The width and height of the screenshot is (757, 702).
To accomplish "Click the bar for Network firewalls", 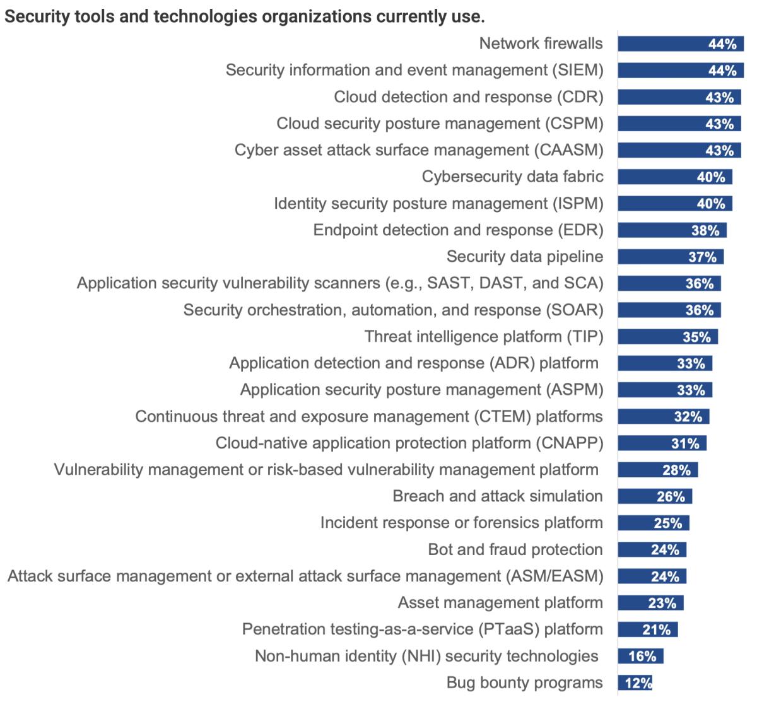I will pos(681,44).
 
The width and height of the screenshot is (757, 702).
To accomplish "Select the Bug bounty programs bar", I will pos(635,682).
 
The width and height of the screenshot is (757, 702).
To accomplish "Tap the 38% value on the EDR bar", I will pos(705,230).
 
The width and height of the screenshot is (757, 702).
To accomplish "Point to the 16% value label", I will pos(643,656).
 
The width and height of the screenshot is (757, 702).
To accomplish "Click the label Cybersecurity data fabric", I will pos(512,177).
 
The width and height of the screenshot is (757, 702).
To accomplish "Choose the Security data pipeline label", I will pos(525,257).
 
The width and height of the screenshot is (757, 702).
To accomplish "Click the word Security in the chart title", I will pos(32,17).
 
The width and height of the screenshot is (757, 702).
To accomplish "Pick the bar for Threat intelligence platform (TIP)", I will pos(667,337).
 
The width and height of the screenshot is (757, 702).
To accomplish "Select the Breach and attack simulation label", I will pos(498,496).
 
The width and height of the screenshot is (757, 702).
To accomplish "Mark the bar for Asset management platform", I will pos(650,603).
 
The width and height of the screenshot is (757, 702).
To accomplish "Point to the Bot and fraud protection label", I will pos(515,549).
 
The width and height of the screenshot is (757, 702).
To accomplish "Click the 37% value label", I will pos(702,257).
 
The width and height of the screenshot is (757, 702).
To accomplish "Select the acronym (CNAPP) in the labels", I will pos(570,443).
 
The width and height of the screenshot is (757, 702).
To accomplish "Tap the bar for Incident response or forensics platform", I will pos(653,523).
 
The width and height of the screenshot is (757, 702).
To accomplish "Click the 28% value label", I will pos(676,470).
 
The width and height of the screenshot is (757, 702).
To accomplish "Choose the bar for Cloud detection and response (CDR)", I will pos(679,97).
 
